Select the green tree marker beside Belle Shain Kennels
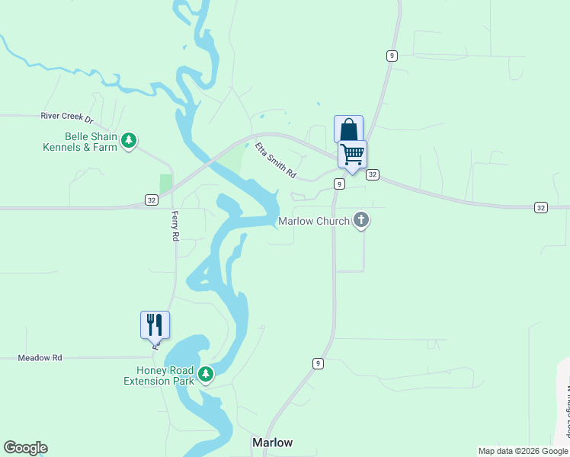pos(130,140)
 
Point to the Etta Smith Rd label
pos(275,161)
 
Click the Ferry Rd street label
pos(175,226)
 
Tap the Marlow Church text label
pos(313,222)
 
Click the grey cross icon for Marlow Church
pos(361,221)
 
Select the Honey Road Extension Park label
pos(159,376)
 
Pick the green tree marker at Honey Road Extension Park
pos(205,374)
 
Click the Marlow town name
pos(272,443)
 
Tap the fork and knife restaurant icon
pos(155,324)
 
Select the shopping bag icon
pos(348,129)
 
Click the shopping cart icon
pos(352,154)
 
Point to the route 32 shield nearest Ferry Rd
pos(152,200)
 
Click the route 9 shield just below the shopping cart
pos(339,184)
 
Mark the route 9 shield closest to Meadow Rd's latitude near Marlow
pos(317,363)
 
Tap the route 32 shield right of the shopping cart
pos(372,174)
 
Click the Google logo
pos(25,448)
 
